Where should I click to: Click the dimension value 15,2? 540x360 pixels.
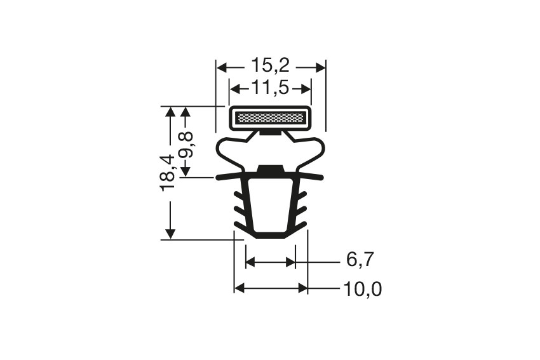[x=270, y=65]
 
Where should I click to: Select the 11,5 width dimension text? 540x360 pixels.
[x=270, y=88]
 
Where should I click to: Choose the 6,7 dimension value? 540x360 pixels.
[x=360, y=260]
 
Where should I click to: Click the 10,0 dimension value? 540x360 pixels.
[x=362, y=290]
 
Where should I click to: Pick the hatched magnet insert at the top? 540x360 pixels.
[x=270, y=117]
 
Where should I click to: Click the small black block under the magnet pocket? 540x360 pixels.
[x=270, y=133]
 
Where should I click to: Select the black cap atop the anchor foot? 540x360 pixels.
[x=270, y=170]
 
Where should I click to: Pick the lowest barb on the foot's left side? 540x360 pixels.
[x=240, y=226]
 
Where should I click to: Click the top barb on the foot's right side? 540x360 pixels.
[x=302, y=194]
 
